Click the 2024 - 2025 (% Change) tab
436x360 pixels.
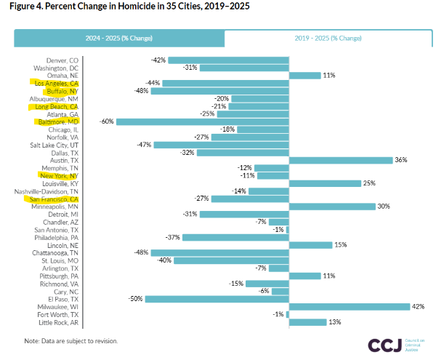point(120,39)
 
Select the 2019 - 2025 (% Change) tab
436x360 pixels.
point(328,39)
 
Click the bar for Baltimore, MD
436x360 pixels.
point(202,121)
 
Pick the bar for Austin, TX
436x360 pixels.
point(340,160)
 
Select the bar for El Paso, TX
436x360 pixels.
point(217,298)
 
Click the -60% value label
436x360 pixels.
point(106,121)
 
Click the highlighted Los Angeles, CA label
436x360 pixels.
point(62,84)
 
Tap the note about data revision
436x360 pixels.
point(70,340)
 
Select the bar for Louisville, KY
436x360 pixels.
point(325,183)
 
